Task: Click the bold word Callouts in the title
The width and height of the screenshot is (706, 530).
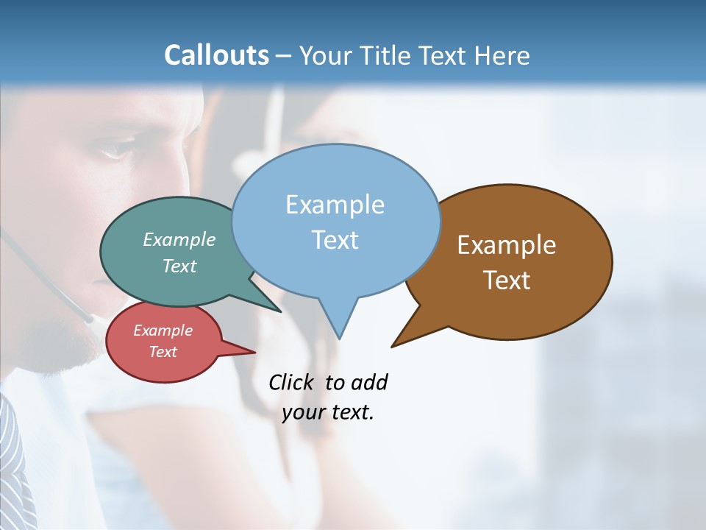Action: [216, 55]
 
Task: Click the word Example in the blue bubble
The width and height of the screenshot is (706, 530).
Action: [335, 205]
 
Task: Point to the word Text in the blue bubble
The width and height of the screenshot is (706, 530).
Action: [335, 240]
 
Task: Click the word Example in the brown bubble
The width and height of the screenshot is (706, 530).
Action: [507, 245]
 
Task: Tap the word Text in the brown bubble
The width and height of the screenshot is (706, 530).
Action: [507, 280]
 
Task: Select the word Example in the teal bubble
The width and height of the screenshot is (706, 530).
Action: [179, 239]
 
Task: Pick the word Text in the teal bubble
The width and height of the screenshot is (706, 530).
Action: [179, 266]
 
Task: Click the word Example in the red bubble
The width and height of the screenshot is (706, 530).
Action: [163, 331]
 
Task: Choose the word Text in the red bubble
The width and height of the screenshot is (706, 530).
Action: [163, 352]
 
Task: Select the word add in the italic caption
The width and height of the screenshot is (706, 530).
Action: [368, 383]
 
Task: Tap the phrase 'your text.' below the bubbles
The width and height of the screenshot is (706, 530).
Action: [328, 412]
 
